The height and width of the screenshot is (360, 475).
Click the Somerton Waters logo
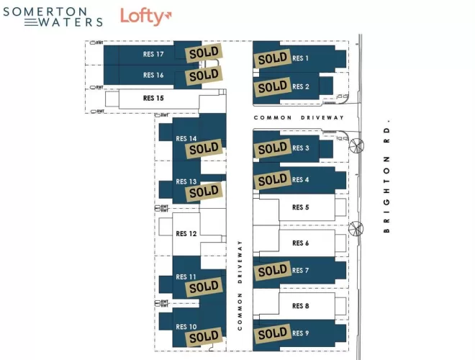[53, 17]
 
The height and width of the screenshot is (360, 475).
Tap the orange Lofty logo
[146, 17]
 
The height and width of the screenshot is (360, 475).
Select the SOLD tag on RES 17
[204, 53]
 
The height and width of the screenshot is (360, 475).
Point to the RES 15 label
[153, 98]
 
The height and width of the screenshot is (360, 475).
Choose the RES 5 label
[300, 207]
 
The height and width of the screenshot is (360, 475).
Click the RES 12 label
[186, 233]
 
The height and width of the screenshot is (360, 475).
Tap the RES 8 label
[300, 306]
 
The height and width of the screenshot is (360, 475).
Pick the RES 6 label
[300, 243]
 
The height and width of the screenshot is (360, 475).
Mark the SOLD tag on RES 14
[202, 149]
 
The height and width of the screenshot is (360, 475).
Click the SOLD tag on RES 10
[204, 336]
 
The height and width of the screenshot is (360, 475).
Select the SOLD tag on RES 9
[273, 333]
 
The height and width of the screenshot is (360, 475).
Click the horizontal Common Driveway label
[299, 117]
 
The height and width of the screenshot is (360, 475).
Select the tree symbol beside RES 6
[356, 229]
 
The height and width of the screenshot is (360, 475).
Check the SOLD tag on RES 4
[273, 180]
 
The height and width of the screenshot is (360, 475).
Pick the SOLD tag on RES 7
[273, 271]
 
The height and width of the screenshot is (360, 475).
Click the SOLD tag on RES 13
[204, 192]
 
